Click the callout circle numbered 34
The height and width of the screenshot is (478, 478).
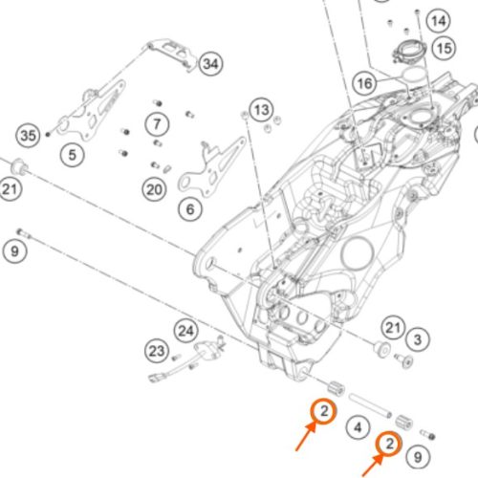[x=211, y=64]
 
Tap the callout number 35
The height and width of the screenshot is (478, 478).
[x=28, y=136]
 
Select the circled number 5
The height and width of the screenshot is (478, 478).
[x=73, y=155]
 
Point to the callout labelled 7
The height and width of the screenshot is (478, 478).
[x=157, y=123]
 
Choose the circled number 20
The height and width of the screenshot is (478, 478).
[x=154, y=189]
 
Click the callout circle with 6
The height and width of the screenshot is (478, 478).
[x=190, y=209]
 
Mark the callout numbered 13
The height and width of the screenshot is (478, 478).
[x=262, y=110]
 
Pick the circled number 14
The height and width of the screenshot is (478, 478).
[x=439, y=21]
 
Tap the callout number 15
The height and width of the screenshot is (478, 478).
[x=445, y=49]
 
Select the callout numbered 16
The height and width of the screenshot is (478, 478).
[x=365, y=83]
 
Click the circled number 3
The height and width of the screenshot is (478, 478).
[x=418, y=339]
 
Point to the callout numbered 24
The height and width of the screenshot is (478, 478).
[x=186, y=331]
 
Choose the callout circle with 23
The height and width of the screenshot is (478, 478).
[x=157, y=351]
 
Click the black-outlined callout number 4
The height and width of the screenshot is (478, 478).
[x=358, y=427]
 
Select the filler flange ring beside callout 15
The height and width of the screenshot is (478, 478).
[x=409, y=51]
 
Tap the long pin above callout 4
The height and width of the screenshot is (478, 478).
[x=370, y=405]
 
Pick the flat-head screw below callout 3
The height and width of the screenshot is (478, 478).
[x=403, y=360]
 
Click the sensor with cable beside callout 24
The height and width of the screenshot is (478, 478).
[x=187, y=358]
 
